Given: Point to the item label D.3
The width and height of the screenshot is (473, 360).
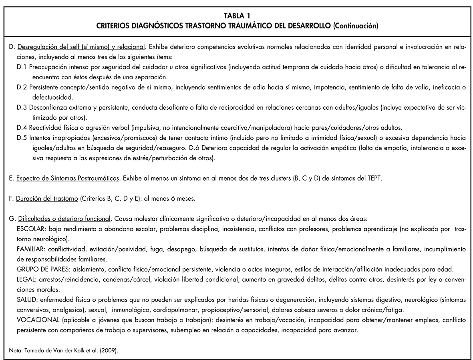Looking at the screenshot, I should tap(23, 108).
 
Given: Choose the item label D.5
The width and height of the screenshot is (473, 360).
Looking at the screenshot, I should tap(23, 138).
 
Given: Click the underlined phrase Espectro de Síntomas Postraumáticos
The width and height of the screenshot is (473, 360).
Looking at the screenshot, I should tap(68, 179).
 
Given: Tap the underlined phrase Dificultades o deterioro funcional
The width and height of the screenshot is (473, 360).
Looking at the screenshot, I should tap(64, 219).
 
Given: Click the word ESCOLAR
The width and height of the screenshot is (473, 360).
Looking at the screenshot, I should tap(31, 229).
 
